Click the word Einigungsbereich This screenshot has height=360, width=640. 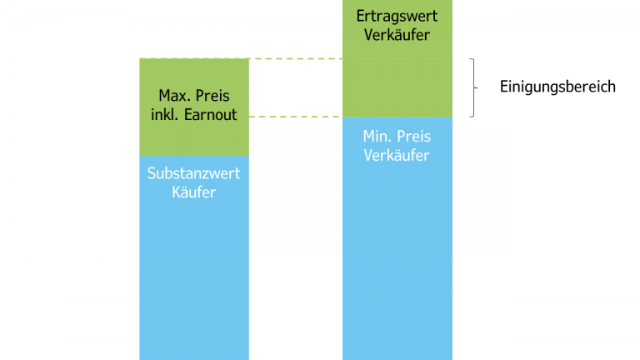[x=557, y=87]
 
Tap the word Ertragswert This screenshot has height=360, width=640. [x=397, y=16]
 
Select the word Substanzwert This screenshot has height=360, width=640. [x=193, y=174]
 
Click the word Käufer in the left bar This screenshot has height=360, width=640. [x=193, y=193]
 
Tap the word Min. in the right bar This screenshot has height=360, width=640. [x=377, y=137]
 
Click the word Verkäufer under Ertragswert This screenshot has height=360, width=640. [x=397, y=35]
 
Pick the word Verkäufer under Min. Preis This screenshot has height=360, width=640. [x=397, y=156]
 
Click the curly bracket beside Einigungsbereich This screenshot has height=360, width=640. [x=472, y=87]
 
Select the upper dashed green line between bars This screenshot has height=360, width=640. [x=296, y=59]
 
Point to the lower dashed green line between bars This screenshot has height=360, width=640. [x=296, y=117]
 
